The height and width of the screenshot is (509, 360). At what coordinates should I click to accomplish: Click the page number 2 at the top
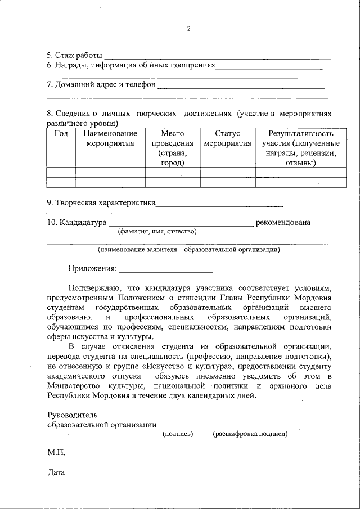coord(189,29)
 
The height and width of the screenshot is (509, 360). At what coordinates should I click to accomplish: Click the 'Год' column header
coord(61,134)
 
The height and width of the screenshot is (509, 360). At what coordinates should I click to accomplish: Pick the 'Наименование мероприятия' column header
coord(110,138)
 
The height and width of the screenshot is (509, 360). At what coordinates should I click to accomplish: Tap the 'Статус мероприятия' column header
coord(227,138)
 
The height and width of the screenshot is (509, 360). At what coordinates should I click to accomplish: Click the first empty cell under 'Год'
coord(61,172)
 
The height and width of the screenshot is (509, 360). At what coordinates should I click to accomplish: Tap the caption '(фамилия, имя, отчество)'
coord(157,231)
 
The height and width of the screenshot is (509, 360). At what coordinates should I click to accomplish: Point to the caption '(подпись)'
coord(178,434)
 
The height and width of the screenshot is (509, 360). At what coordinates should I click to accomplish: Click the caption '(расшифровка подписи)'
coord(250,434)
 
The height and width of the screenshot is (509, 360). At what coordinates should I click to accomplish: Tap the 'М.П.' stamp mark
coord(56,452)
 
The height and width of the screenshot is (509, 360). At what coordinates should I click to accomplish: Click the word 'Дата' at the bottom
coord(56,472)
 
